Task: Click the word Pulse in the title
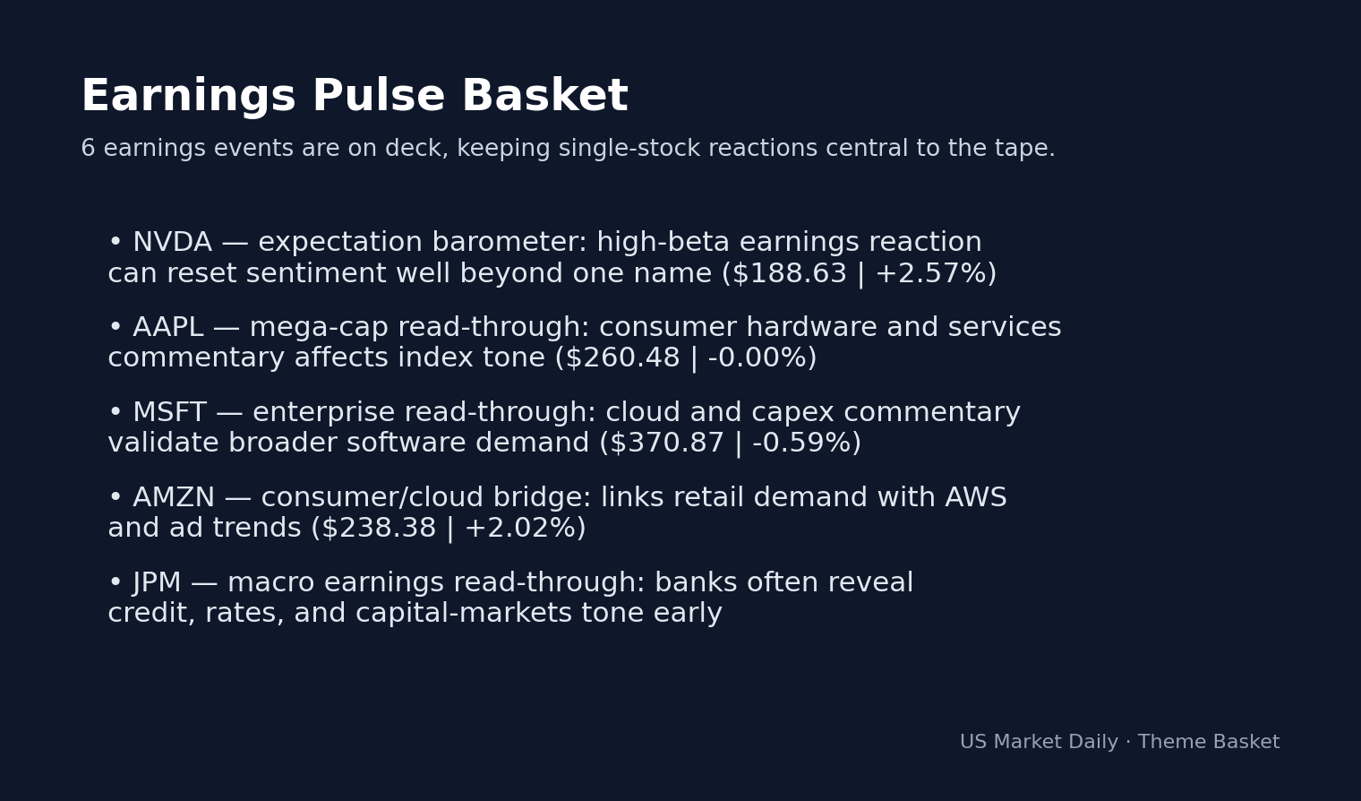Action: click(x=378, y=97)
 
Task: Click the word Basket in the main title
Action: click(x=544, y=97)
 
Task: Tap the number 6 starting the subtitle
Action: click(x=88, y=149)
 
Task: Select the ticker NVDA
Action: click(x=172, y=243)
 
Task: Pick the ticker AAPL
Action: click(x=167, y=328)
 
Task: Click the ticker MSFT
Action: click(x=169, y=413)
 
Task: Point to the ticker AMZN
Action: click(x=174, y=498)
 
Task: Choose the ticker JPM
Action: click(x=157, y=583)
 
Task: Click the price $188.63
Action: click(x=789, y=274)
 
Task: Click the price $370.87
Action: click(x=666, y=444)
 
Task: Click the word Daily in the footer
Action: click(x=1091, y=743)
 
